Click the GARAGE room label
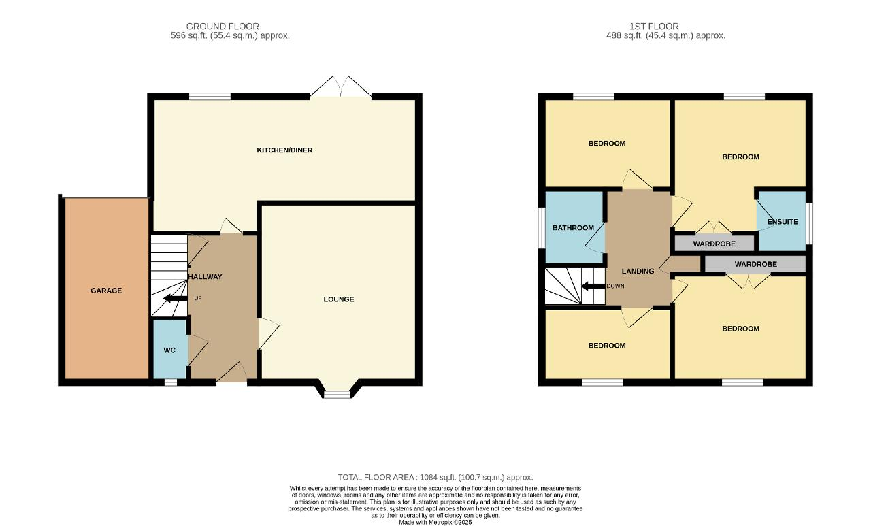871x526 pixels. (106, 291)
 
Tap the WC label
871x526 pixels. (169, 350)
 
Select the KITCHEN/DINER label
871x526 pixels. (284, 150)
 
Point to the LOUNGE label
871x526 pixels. (339, 299)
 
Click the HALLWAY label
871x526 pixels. (205, 276)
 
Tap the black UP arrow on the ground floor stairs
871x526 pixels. (175, 298)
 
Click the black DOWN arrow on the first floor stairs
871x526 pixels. (593, 286)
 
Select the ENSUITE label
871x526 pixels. (783, 222)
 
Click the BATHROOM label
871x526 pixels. (573, 228)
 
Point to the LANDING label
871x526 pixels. (638, 272)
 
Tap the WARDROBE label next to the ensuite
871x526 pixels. (714, 244)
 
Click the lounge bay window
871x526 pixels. (337, 394)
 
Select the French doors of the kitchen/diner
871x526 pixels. (341, 86)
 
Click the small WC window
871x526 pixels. (170, 382)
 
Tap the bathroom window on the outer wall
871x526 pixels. (541, 228)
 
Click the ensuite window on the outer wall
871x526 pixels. (809, 224)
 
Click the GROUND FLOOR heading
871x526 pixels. (223, 27)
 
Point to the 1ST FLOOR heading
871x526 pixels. (654, 27)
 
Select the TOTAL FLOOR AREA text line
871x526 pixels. (435, 478)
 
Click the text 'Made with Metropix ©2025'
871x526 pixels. (435, 523)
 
